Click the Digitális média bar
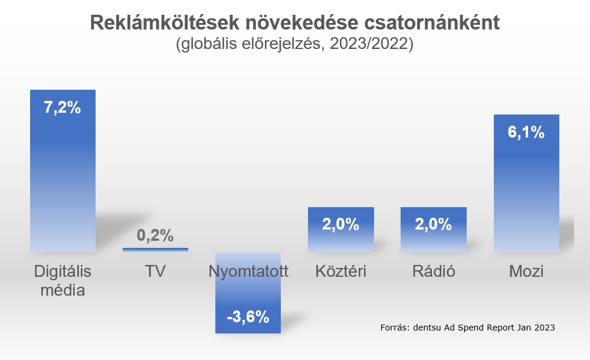[x=63, y=177]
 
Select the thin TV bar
[x=155, y=250]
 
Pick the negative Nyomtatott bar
[x=248, y=295]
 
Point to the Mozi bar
[x=526, y=189]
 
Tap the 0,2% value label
[x=155, y=235]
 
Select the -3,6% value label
[x=248, y=317]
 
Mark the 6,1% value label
[x=526, y=132]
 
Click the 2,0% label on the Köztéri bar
[x=341, y=224]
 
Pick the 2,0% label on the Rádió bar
[x=433, y=224]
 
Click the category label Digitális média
[x=63, y=281]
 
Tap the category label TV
[x=155, y=271]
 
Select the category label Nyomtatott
[x=248, y=271]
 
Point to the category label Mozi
[x=526, y=271]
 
